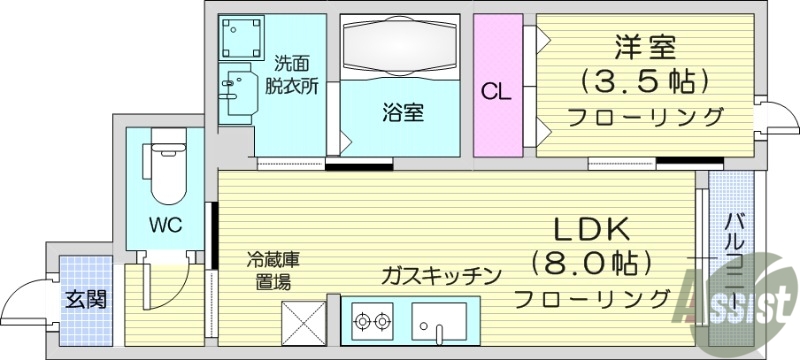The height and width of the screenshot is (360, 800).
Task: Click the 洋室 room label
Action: pos(646,47)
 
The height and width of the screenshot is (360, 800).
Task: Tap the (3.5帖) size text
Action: pos(646,80)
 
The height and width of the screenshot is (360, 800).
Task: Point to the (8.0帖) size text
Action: pos(591,264)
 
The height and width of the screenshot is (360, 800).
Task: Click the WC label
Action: pos(166,225)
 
